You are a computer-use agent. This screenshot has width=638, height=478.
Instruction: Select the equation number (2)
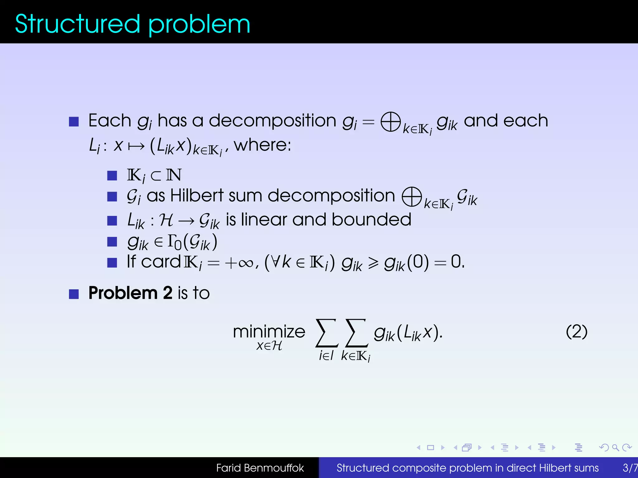coord(576,332)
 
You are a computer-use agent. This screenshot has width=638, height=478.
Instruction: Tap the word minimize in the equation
coord(269,331)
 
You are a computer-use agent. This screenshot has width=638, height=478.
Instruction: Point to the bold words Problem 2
coord(130,293)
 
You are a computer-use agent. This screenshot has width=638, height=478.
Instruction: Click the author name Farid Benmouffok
coord(260,468)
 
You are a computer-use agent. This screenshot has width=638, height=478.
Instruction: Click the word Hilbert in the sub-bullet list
coord(197,196)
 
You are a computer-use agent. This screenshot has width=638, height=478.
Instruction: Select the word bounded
coord(371,220)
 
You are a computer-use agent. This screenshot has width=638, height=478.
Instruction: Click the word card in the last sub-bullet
coord(161,262)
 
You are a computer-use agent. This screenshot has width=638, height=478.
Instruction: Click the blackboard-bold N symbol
coord(174,175)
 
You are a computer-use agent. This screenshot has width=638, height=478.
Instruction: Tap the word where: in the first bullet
coord(262,145)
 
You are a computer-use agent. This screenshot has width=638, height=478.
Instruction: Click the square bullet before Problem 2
coord(74,294)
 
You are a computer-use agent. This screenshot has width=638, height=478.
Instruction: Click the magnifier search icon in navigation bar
coord(615,448)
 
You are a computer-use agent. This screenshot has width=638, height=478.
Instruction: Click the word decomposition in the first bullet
coord(272,121)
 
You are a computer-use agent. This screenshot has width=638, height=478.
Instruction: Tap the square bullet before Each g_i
coord(74,121)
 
